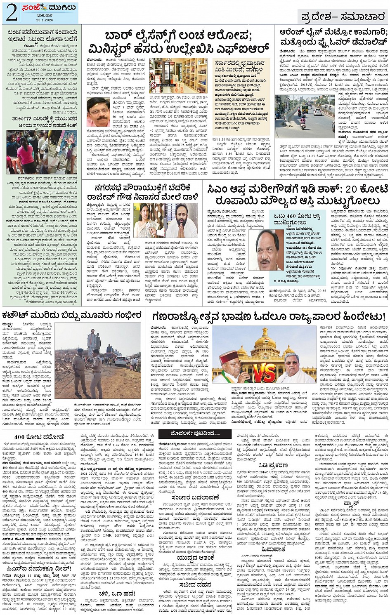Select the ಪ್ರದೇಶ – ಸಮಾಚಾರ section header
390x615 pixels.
343,17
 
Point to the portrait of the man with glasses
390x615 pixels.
98,112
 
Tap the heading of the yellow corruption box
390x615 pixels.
241,66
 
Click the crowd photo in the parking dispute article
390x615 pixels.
41,151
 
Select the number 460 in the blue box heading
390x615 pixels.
291,216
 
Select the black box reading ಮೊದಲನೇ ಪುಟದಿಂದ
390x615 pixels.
194,434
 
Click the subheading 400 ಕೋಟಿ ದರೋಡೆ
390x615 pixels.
39,437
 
